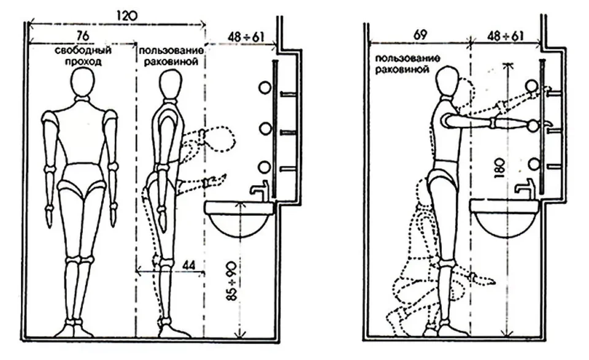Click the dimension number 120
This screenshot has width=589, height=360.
pyautogui.click(x=127, y=16)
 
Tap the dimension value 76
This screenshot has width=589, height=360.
pyautogui.click(x=83, y=36)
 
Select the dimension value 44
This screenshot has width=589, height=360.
pyautogui.click(x=189, y=265)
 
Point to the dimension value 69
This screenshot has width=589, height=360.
pyautogui.click(x=420, y=36)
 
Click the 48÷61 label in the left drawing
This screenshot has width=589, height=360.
pyautogui.click(x=246, y=37)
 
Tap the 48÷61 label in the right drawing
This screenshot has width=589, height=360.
pyautogui.click(x=505, y=36)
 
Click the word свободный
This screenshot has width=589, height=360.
pyautogui.click(x=83, y=50)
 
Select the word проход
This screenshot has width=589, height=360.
pyautogui.click(x=83, y=61)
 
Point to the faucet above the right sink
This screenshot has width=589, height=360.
pyautogui.click(x=525, y=186)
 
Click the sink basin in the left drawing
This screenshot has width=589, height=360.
pyautogui.click(x=240, y=219)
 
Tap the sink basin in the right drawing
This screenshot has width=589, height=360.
pyautogui.click(x=505, y=218)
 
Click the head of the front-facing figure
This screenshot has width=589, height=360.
pyautogui.click(x=83, y=83)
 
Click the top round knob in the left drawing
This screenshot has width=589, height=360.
pyautogui.click(x=265, y=88)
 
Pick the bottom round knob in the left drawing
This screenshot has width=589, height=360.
pyautogui.click(x=264, y=166)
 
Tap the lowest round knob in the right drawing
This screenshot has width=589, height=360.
pyautogui.click(x=533, y=164)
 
